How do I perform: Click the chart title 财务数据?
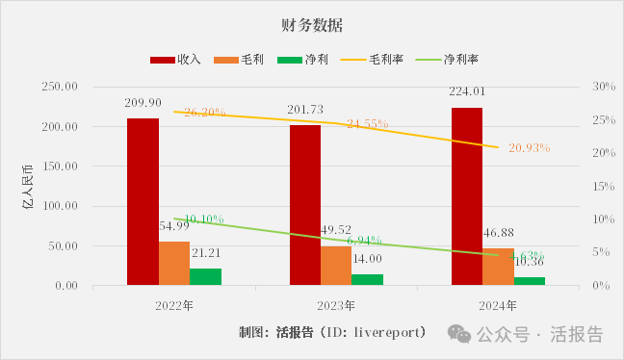(313, 22)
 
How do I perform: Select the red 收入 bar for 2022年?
(143, 201)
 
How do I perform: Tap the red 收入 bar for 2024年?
(467, 196)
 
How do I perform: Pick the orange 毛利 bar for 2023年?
(336, 266)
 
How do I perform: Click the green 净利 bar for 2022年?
(206, 276)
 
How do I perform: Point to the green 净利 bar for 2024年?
(530, 281)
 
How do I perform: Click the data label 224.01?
(467, 92)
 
